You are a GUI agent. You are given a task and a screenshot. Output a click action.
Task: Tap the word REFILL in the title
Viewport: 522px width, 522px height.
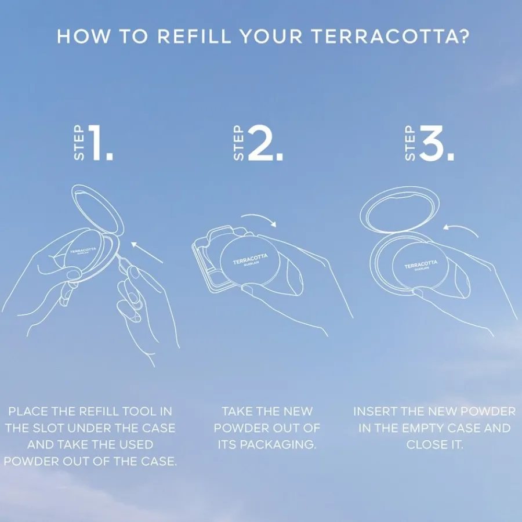(194, 36)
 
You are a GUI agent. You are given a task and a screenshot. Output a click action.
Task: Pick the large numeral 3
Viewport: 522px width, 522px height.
(433, 143)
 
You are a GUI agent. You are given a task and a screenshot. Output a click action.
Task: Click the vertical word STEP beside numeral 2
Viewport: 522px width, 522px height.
(239, 143)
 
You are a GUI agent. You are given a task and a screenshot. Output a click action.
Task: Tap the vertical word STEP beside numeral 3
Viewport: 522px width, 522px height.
(410, 143)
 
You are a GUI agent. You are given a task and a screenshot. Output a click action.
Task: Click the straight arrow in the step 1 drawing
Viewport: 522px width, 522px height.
(147, 253)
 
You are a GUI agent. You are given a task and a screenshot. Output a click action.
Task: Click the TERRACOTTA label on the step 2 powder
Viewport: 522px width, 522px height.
(249, 259)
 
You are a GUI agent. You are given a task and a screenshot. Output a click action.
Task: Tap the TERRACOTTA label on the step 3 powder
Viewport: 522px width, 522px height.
(421, 264)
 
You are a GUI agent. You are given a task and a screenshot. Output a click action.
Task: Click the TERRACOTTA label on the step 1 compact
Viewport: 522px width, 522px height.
(83, 251)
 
